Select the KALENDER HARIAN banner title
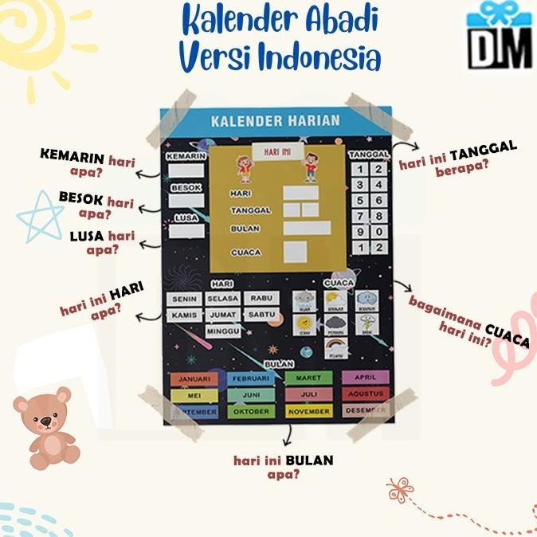(275, 121)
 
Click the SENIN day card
(185, 299)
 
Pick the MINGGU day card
(223, 331)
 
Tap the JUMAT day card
(223, 315)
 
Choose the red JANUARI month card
(194, 378)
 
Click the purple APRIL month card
(365, 377)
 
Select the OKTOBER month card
(252, 411)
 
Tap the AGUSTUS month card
(365, 394)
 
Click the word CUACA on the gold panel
(245, 252)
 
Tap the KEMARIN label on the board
(187, 157)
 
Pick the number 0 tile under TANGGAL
(378, 232)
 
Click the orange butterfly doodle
(401, 488)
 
